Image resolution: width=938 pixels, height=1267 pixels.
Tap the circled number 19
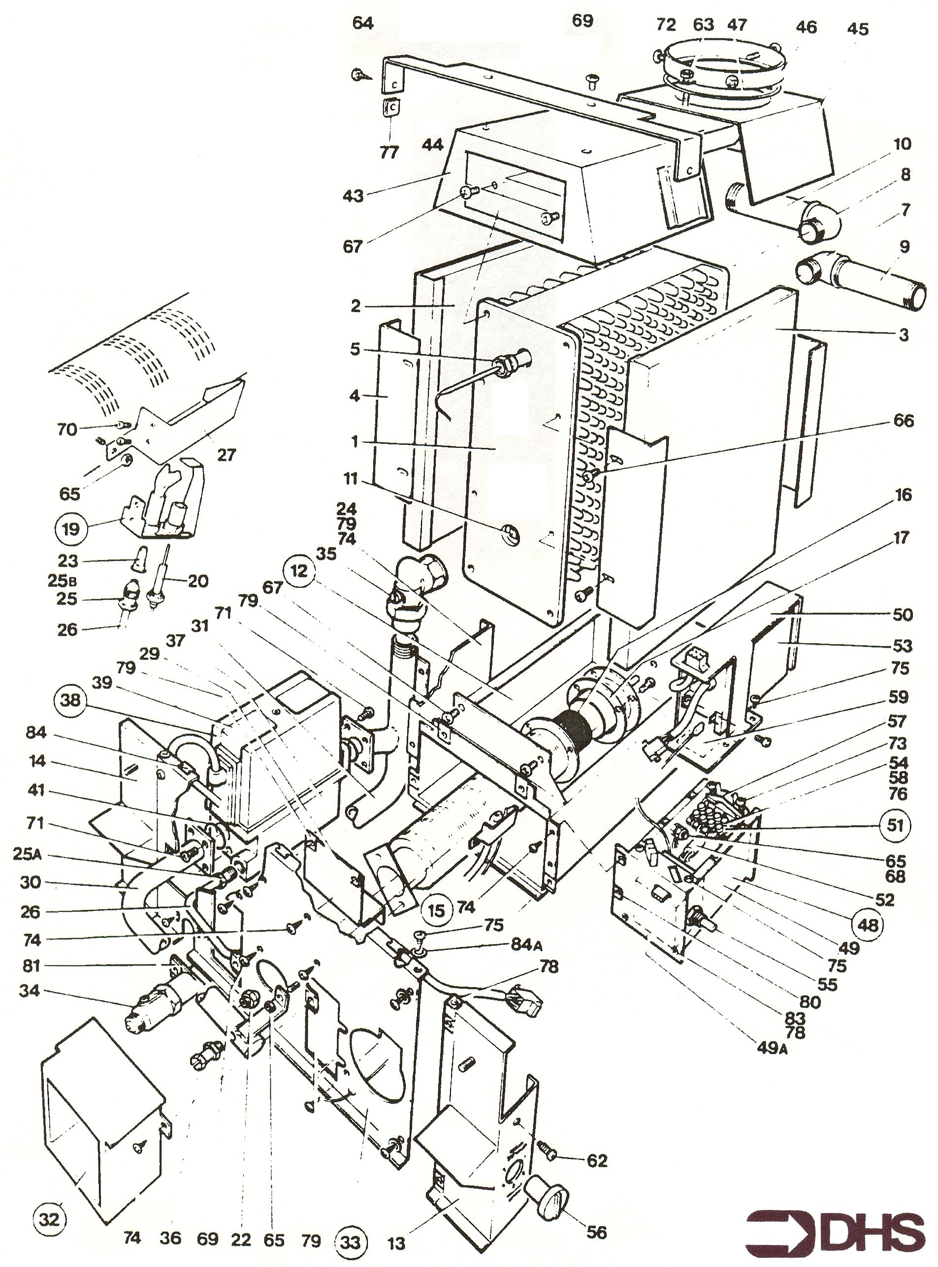70,529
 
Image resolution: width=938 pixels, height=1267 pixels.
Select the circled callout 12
301,571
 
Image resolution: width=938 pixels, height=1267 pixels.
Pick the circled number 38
70,700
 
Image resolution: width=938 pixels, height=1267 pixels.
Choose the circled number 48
867,925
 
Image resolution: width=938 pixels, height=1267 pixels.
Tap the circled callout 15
436,911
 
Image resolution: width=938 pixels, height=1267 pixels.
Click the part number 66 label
903,421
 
